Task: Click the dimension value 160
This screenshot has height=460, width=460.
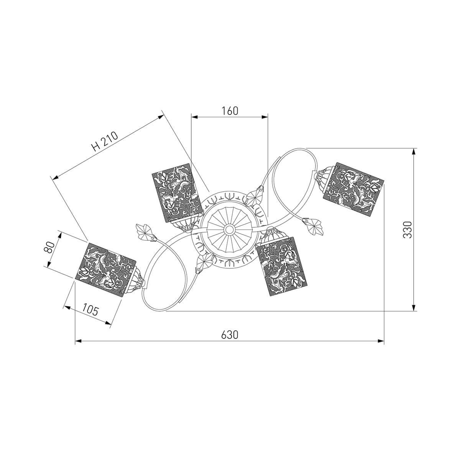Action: [x=230, y=111]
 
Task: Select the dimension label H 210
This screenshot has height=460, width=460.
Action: [x=105, y=142]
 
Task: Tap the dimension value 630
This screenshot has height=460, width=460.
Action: [x=230, y=335]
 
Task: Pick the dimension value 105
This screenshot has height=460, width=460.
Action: [x=90, y=310]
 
